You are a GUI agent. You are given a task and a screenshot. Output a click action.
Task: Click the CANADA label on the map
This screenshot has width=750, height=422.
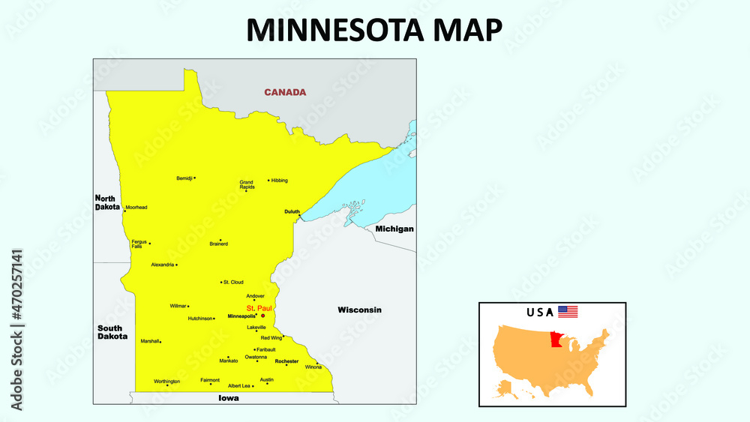285,92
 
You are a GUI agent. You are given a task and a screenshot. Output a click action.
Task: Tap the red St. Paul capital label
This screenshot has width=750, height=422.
259,308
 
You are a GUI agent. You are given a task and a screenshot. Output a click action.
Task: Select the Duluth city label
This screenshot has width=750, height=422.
292,212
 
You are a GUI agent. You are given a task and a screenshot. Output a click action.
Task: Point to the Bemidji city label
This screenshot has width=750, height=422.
184,178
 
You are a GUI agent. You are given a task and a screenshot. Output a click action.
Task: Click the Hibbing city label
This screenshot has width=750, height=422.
279,181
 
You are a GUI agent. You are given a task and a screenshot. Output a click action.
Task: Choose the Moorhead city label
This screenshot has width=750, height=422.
136,207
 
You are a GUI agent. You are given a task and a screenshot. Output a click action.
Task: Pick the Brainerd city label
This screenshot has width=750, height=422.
218,244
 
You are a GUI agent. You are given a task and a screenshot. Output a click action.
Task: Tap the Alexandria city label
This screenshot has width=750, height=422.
163,265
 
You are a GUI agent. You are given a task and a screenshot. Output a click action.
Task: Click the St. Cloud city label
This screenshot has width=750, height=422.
233,282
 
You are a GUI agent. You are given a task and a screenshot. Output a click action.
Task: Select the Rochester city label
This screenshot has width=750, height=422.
286,361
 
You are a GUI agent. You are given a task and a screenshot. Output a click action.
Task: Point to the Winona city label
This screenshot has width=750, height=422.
313,367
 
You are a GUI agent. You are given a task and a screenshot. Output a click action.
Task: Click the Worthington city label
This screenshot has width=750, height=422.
166,382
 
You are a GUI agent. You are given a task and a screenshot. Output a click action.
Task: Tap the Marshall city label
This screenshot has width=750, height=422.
150,341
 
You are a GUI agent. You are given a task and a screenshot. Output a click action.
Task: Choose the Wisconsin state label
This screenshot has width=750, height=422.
359,310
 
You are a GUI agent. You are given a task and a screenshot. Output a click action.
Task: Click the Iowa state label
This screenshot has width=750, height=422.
229,398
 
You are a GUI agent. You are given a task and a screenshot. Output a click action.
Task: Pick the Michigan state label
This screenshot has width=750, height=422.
394,229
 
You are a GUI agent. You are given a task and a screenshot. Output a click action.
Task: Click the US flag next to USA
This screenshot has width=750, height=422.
568,312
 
